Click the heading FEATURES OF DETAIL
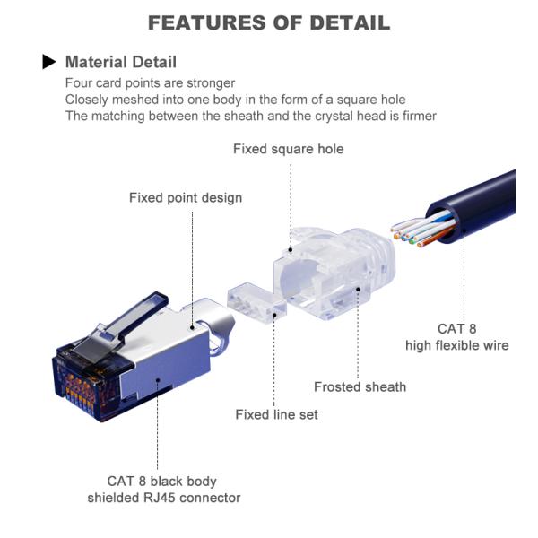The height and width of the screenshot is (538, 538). [269, 23]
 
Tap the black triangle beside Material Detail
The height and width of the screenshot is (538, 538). [48, 62]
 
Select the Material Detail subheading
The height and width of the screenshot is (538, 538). [121, 62]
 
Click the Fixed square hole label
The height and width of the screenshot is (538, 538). [288, 149]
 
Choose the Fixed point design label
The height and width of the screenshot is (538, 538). [186, 198]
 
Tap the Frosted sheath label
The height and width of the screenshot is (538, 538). [360, 387]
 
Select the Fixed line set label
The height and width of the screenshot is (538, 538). [276, 415]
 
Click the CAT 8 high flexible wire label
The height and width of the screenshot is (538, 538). [457, 337]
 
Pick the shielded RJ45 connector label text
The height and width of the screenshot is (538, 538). [164, 498]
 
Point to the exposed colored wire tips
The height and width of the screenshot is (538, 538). [408, 235]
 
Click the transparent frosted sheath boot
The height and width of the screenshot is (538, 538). [334, 273]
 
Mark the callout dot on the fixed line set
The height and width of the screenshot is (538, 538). [274, 315]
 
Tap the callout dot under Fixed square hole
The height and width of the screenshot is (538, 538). [291, 250]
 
